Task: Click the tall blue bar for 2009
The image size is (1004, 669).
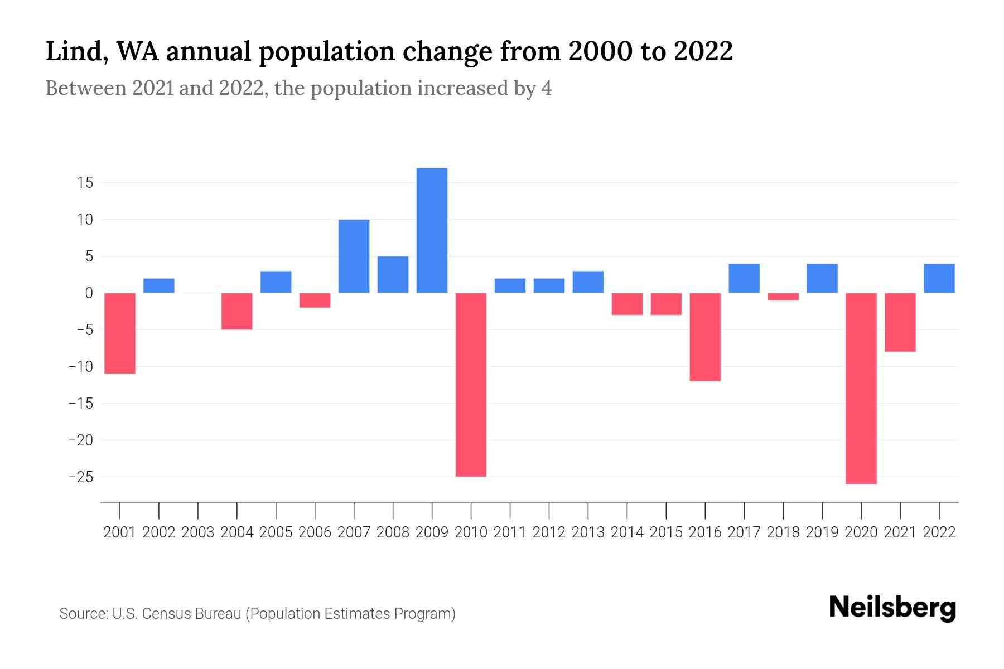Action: pyautogui.click(x=432, y=230)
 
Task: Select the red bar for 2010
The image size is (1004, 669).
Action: pyautogui.click(x=471, y=385)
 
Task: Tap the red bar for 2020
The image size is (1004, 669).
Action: pyautogui.click(x=861, y=388)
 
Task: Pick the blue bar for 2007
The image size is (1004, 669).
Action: pyautogui.click(x=354, y=256)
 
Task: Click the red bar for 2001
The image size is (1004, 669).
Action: pyautogui.click(x=120, y=333)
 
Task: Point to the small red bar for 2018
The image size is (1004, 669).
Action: pyautogui.click(x=783, y=297)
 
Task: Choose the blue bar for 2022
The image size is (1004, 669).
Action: pyautogui.click(x=939, y=278)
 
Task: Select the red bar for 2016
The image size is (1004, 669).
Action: pyautogui.click(x=705, y=337)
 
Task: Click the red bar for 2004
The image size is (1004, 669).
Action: pyautogui.click(x=237, y=311)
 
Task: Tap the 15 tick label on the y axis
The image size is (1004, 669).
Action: pyautogui.click(x=85, y=183)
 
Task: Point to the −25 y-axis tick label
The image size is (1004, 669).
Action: pyautogui.click(x=80, y=477)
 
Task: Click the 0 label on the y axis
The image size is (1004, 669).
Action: pyautogui.click(x=88, y=293)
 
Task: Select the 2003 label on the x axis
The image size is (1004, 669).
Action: pyautogui.click(x=198, y=532)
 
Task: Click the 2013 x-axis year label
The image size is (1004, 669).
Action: pyautogui.click(x=588, y=532)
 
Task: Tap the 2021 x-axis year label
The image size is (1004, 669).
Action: pyautogui.click(x=900, y=532)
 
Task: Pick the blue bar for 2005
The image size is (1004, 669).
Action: pyautogui.click(x=276, y=282)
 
